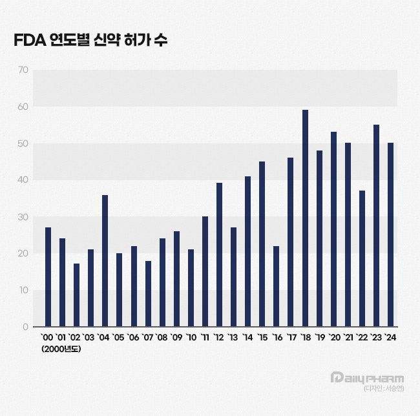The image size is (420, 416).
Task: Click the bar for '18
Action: [x=305, y=218]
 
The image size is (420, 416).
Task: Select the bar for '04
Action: [x=105, y=261]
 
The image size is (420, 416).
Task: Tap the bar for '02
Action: [x=76, y=295]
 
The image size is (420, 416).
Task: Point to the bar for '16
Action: [x=277, y=286]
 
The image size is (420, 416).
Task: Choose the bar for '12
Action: [x=219, y=255]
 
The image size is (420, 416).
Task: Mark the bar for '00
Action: [x=48, y=277]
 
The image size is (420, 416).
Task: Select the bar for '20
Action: [x=333, y=229]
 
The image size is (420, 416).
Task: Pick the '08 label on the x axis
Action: [x=162, y=338]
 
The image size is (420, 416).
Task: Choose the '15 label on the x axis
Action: [x=262, y=338]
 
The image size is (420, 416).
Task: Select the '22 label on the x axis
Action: [x=362, y=338]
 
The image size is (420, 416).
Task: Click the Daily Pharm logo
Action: [x=366, y=377]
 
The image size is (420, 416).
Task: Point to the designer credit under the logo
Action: [x=384, y=388]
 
